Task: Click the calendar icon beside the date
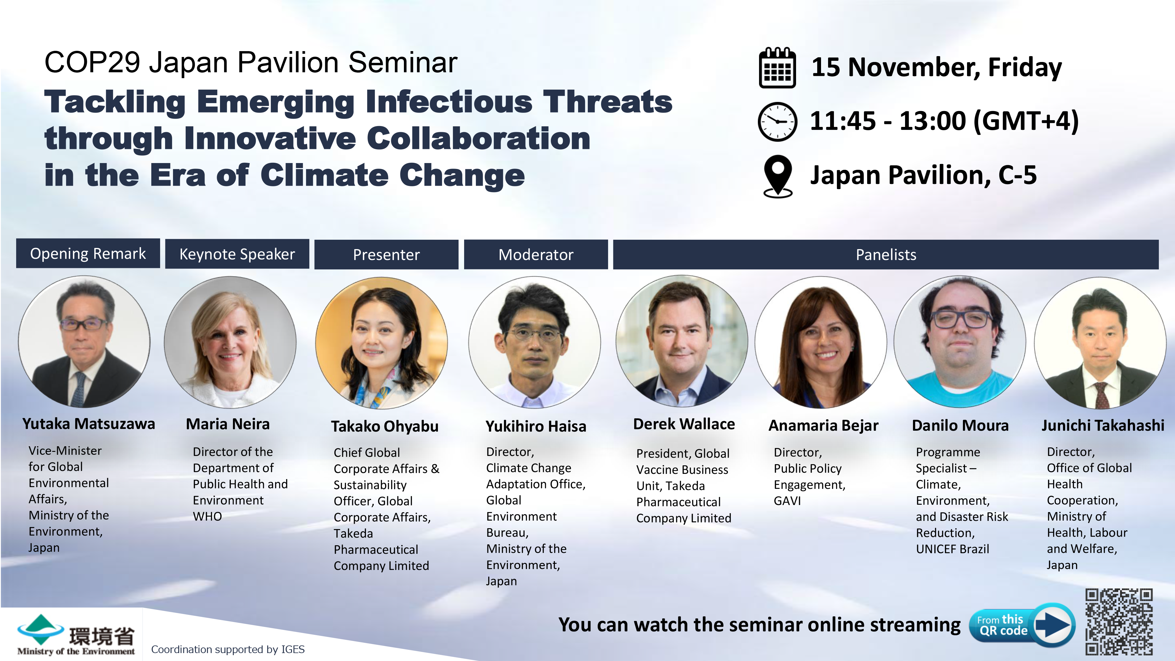(777, 68)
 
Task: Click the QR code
(1119, 622)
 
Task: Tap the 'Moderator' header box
(536, 254)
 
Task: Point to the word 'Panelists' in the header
(886, 254)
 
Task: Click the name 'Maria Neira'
(228, 424)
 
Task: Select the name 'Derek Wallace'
(684, 424)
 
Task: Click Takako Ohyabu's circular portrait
(381, 343)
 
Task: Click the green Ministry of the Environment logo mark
(40, 630)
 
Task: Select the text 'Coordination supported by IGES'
(228, 649)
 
